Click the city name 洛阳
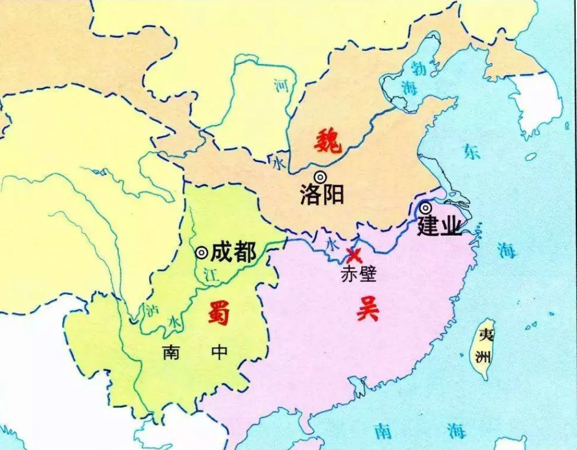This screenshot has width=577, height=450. [322, 195]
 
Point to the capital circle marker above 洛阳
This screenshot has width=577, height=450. [321, 177]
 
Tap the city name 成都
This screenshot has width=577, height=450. [233, 252]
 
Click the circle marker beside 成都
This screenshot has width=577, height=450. [201, 252]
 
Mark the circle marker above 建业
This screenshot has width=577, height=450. [425, 208]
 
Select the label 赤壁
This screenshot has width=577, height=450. [358, 274]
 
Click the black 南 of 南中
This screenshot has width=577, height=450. [171, 352]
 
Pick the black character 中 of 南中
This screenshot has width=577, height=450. [219, 352]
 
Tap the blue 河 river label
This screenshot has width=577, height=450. [281, 86]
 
